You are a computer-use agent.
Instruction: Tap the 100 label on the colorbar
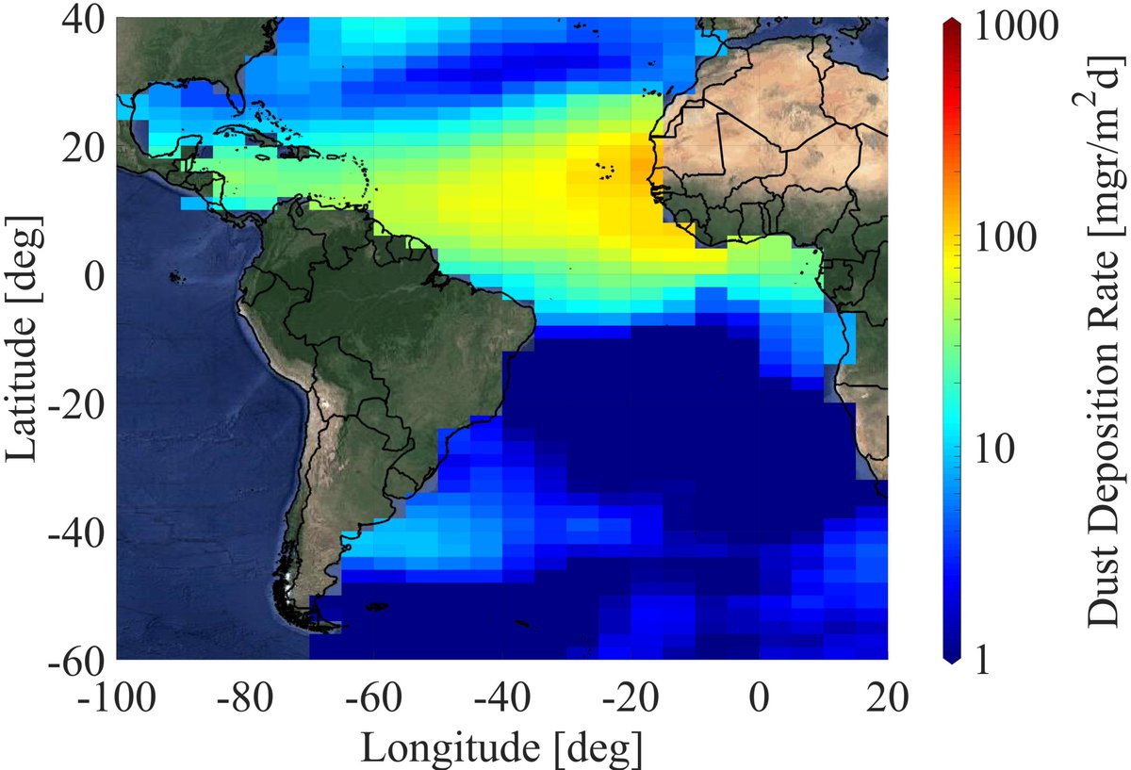(1023, 238)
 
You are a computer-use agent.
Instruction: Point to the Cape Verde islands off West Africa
(604, 171)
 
